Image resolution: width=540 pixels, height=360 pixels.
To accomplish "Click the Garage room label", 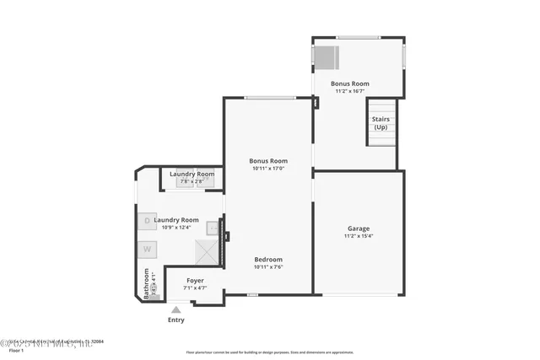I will point(359,228).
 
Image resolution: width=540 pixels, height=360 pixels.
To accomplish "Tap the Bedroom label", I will point(268,259).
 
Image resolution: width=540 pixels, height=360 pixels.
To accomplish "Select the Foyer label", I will point(195,280).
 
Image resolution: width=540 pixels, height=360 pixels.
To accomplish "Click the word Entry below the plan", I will point(175,320).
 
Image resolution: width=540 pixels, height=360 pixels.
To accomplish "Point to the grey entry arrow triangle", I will point(175,309).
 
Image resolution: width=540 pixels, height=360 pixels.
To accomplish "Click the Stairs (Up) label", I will point(381,123).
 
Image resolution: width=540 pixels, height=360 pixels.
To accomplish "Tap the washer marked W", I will point(146,249).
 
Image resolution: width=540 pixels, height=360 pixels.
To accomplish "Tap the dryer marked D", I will point(146,221).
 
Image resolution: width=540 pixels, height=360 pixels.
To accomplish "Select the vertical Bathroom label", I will point(146,284).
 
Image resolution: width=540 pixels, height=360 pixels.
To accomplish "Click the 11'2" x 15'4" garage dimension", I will point(359,237).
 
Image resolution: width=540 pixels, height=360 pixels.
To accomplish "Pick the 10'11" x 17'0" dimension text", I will point(268,169).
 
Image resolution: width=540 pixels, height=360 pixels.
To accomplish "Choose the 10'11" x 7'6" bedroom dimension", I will point(268,267).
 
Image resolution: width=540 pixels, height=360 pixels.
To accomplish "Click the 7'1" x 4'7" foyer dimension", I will point(195,287).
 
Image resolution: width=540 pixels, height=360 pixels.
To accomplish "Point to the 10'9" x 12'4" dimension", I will point(176,228).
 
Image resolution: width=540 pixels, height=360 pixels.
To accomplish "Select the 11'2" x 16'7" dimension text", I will point(350,91).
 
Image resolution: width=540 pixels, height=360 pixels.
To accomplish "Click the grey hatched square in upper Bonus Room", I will point(327,57).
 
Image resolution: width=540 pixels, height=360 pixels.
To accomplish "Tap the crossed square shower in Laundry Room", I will point(206,252).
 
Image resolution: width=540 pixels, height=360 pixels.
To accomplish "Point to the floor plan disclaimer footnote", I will point(270,352).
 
